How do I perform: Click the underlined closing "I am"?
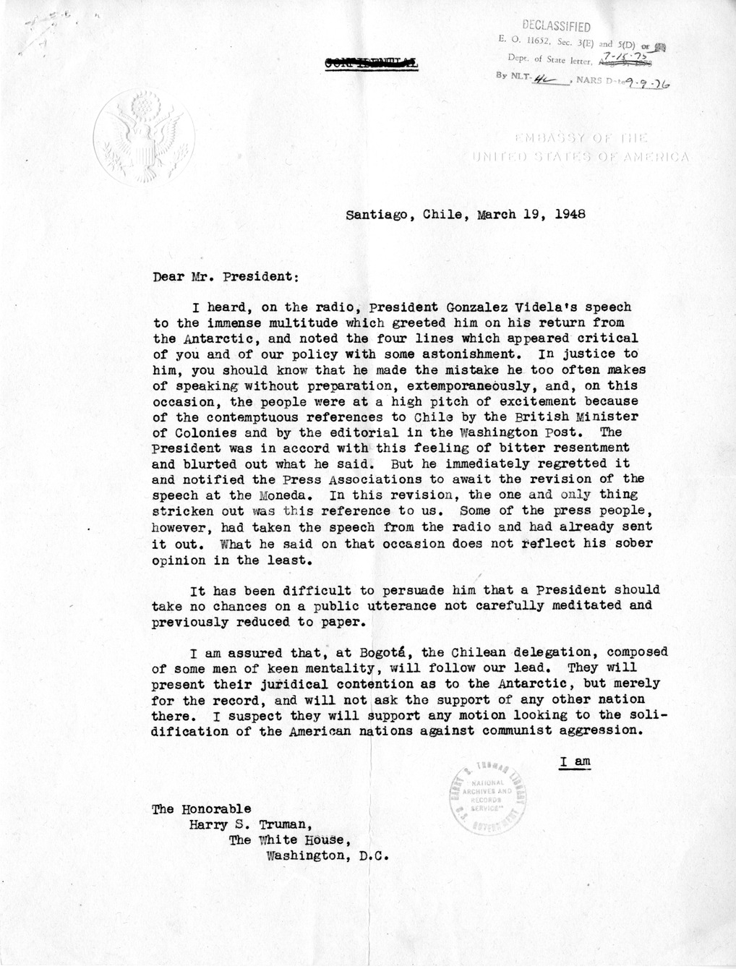[575, 761]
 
